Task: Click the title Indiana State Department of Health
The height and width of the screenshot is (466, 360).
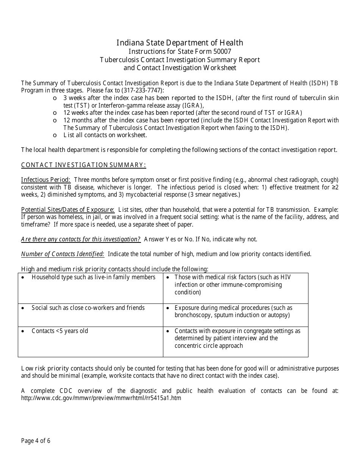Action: (x=180, y=43)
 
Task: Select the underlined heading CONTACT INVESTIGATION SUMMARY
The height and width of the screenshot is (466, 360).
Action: (x=83, y=165)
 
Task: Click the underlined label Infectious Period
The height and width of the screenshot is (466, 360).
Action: (x=45, y=180)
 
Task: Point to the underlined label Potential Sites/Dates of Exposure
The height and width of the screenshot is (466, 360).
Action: (x=68, y=210)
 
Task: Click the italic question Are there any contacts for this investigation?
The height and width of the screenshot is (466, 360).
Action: (x=81, y=239)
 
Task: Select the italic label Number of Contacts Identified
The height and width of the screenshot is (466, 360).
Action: (x=63, y=254)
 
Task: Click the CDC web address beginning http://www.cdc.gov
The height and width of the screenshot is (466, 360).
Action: (x=101, y=398)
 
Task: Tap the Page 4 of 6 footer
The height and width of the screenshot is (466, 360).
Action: (x=36, y=441)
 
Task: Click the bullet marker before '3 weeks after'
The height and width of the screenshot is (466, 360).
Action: (x=55, y=98)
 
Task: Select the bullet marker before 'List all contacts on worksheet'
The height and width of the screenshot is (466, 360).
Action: (x=55, y=135)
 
